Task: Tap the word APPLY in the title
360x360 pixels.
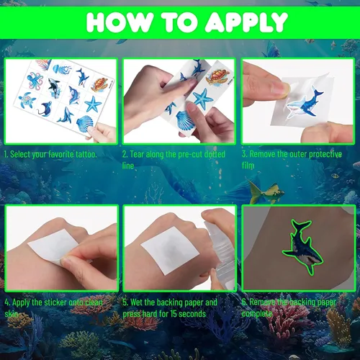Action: tap(246, 22)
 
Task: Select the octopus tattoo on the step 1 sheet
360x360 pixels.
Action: tap(35, 79)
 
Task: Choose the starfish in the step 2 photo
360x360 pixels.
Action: tap(203, 99)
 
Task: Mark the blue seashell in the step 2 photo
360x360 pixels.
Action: tap(186, 118)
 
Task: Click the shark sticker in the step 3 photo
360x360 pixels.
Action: tap(305, 103)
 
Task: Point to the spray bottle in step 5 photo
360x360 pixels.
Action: tap(219, 251)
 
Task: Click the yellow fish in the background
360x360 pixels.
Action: tap(266, 192)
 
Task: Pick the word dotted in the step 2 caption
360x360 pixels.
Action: tap(215, 154)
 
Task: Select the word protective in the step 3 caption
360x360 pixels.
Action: tap(325, 154)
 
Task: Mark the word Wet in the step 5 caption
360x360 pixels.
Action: tap(136, 302)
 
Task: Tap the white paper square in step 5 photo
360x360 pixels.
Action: tap(170, 251)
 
